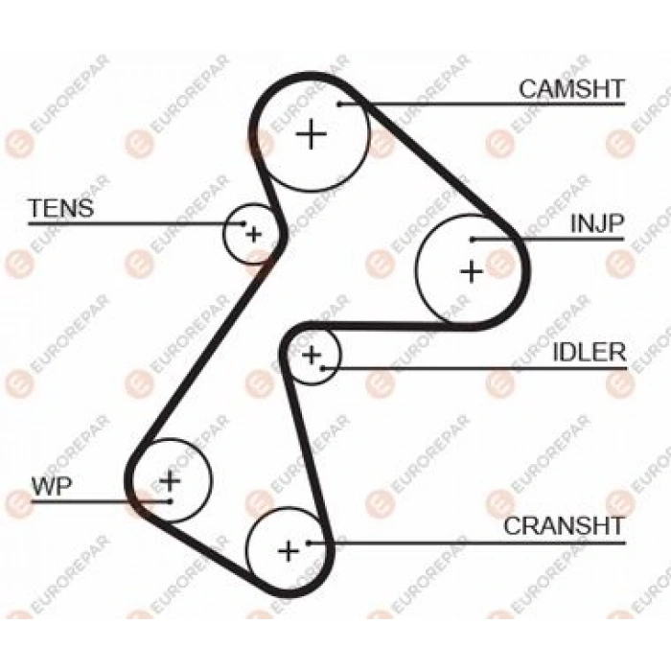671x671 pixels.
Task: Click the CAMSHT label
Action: click(571, 89)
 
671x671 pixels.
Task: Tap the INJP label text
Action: click(597, 223)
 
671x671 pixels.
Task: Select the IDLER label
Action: click(590, 352)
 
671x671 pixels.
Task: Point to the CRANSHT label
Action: click(564, 526)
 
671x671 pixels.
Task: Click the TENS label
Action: click(60, 208)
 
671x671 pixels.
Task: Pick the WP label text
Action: click(52, 486)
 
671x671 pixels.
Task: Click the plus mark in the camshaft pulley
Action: click(312, 134)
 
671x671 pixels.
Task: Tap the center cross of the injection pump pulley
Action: click(472, 271)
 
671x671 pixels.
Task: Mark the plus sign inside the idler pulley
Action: click(312, 355)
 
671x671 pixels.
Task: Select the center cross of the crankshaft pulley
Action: click(288, 551)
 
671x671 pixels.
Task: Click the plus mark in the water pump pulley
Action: click(170, 480)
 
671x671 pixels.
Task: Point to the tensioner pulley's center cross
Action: click(254, 234)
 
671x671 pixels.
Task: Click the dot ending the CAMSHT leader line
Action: click(339, 104)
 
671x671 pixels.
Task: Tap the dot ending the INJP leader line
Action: click(472, 240)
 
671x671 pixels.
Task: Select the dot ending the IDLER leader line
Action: click(324, 368)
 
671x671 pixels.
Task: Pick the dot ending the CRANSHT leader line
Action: click(309, 543)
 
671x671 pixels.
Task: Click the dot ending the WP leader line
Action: click(170, 501)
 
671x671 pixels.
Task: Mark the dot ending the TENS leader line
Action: click(243, 223)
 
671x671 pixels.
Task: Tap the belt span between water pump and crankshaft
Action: click(199, 551)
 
